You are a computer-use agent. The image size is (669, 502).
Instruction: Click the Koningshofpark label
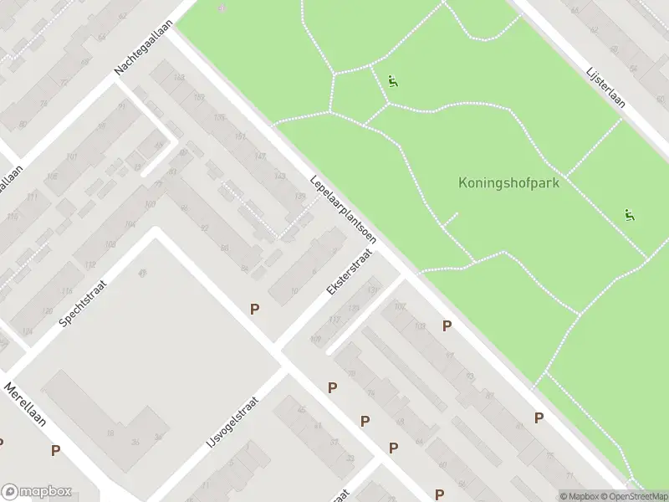coord(508,182)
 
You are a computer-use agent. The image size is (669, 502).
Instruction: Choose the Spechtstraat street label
coord(86,298)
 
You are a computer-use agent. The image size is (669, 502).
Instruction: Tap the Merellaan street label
coord(25,405)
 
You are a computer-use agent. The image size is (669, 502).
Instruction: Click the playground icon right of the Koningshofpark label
coord(629,215)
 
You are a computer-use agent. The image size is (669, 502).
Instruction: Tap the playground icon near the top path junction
coord(393,81)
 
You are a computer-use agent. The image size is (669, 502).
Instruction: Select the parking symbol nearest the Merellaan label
coord(55,450)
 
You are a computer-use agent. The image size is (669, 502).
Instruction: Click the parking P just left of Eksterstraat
coord(254,309)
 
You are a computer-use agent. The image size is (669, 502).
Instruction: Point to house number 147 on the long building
coord(260,156)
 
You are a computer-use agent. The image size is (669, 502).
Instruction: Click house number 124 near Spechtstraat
coord(28,332)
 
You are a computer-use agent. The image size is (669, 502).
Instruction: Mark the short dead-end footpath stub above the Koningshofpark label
coord(451,219)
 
